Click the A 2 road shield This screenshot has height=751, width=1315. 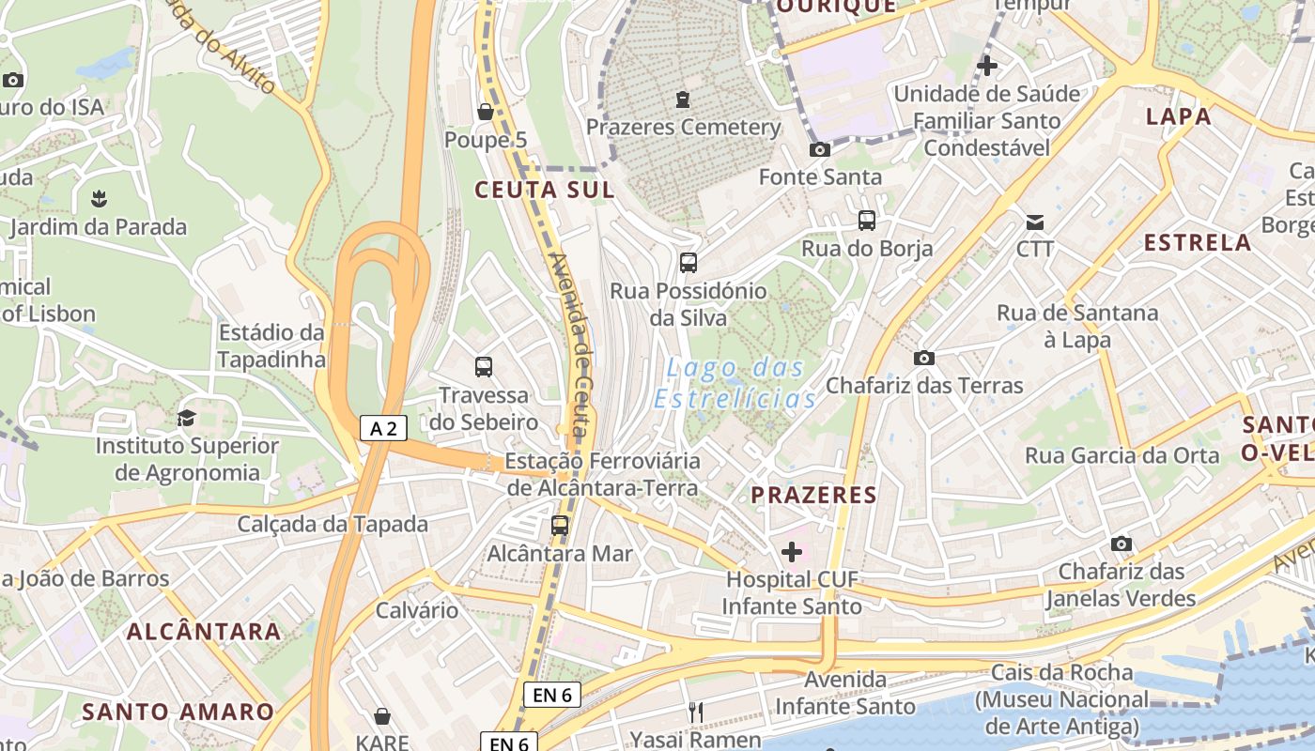click(x=383, y=429)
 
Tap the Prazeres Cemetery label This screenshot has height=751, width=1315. click(x=683, y=127)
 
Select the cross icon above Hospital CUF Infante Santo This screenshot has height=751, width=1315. click(x=792, y=552)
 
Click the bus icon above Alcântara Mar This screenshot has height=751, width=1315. click(x=560, y=526)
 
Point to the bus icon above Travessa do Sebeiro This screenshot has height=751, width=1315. click(x=484, y=367)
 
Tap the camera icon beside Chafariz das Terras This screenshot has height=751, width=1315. click(x=923, y=358)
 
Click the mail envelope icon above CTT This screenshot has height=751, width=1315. click(x=1034, y=222)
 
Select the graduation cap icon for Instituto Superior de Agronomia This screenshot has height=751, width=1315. click(x=187, y=418)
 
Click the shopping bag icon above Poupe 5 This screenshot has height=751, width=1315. click(x=486, y=113)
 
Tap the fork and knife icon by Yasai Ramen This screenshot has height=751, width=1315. click(x=695, y=713)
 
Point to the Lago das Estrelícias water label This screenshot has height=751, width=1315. click(x=735, y=383)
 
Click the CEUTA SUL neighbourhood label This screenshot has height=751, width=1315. click(x=545, y=191)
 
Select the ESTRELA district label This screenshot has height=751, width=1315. click(x=1198, y=243)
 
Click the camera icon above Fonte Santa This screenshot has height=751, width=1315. click(x=819, y=150)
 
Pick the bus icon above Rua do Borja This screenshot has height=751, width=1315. click(x=866, y=221)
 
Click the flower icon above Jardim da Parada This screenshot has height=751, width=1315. click(x=98, y=199)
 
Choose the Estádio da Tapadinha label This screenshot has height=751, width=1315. click(x=271, y=345)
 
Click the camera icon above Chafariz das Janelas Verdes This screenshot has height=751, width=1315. click(x=1121, y=544)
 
